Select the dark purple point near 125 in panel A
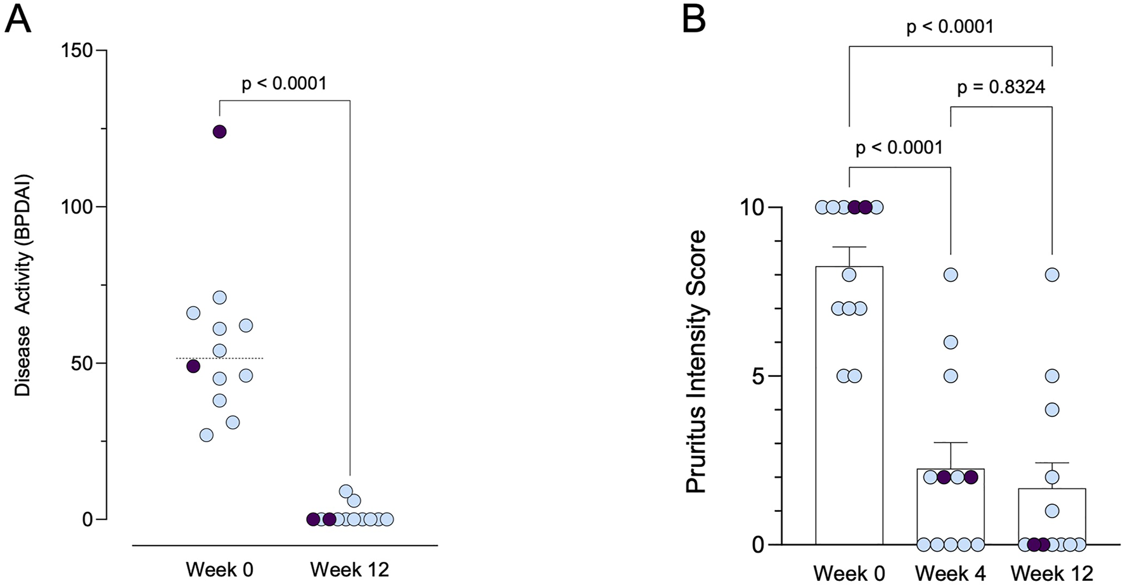pyautogui.click(x=219, y=132)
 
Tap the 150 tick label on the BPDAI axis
pyautogui.click(x=77, y=51)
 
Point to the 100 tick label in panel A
pyautogui.click(x=77, y=207)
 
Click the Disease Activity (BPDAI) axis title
pyautogui.click(x=23, y=286)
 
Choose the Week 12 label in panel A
pyautogui.click(x=349, y=570)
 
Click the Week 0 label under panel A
pyautogui.click(x=219, y=570)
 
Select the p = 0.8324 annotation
pyautogui.click(x=1001, y=87)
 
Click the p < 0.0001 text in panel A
pyautogui.click(x=284, y=84)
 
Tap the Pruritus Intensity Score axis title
pyautogui.click(x=696, y=362)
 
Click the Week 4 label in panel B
pyautogui.click(x=950, y=573)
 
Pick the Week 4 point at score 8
pyautogui.click(x=950, y=275)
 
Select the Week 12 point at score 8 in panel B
pyautogui.click(x=1052, y=275)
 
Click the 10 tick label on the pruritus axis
pyautogui.click(x=751, y=208)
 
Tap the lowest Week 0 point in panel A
pyautogui.click(x=206, y=435)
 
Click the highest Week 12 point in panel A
pyautogui.click(x=345, y=491)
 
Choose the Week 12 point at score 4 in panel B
pyautogui.click(x=1052, y=410)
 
